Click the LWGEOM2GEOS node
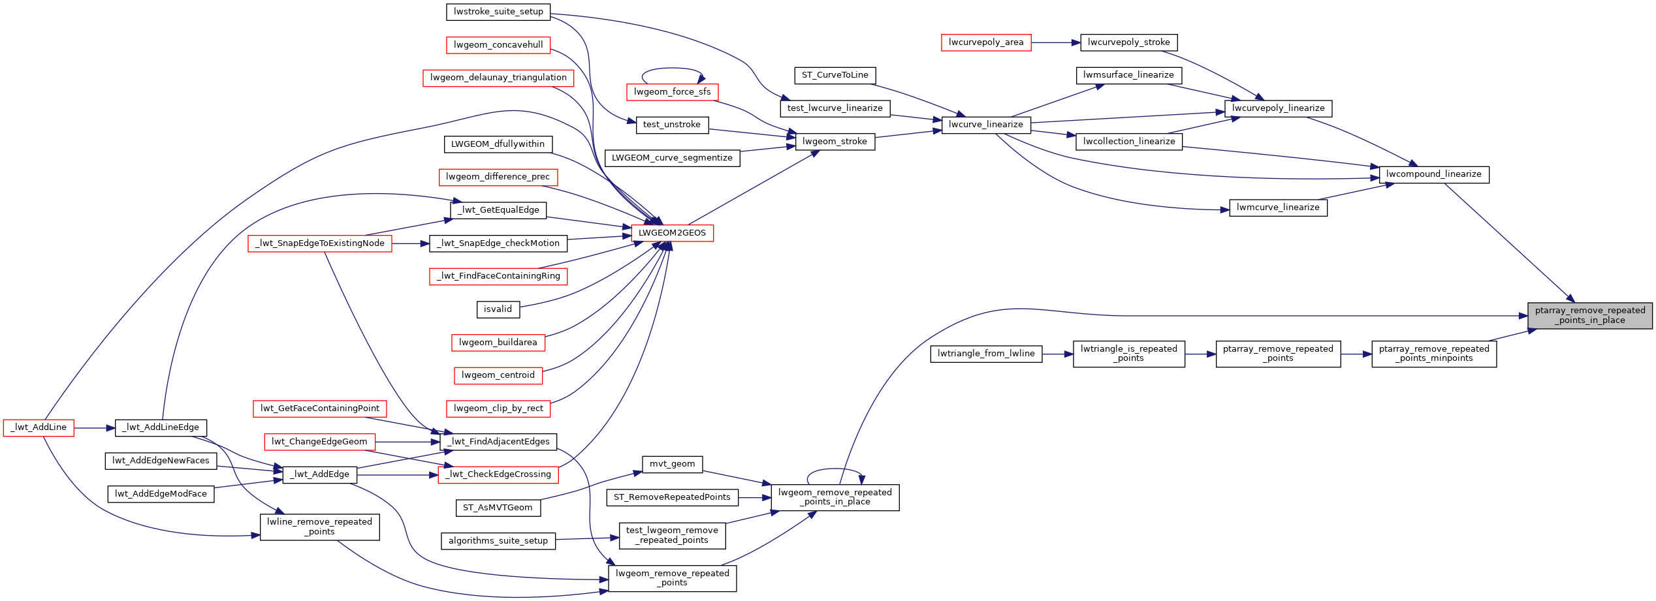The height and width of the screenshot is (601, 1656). (672, 233)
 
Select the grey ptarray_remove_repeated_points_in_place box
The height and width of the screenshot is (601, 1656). (1589, 316)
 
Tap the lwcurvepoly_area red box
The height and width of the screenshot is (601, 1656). (985, 43)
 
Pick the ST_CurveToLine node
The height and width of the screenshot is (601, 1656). (835, 76)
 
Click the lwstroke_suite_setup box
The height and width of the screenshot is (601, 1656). (498, 12)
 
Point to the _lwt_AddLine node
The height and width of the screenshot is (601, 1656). (39, 428)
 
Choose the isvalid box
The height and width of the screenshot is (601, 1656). (498, 309)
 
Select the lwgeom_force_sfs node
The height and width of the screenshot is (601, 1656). (672, 92)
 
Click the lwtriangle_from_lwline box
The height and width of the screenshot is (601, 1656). (986, 354)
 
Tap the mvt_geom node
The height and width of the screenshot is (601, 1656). (672, 464)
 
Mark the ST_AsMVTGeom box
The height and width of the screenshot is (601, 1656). (498, 508)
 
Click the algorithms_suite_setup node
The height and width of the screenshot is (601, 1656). (498, 541)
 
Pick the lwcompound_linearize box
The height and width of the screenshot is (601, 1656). (1433, 175)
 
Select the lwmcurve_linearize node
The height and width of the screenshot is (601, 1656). (1278, 208)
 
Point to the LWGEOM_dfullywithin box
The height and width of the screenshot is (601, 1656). (498, 144)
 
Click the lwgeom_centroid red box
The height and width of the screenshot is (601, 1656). (498, 375)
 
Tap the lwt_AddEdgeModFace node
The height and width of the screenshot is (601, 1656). (161, 494)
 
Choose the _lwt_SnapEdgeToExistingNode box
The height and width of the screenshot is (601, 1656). (320, 243)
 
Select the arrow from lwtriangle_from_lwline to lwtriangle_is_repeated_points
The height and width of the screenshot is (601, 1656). (1057, 354)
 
